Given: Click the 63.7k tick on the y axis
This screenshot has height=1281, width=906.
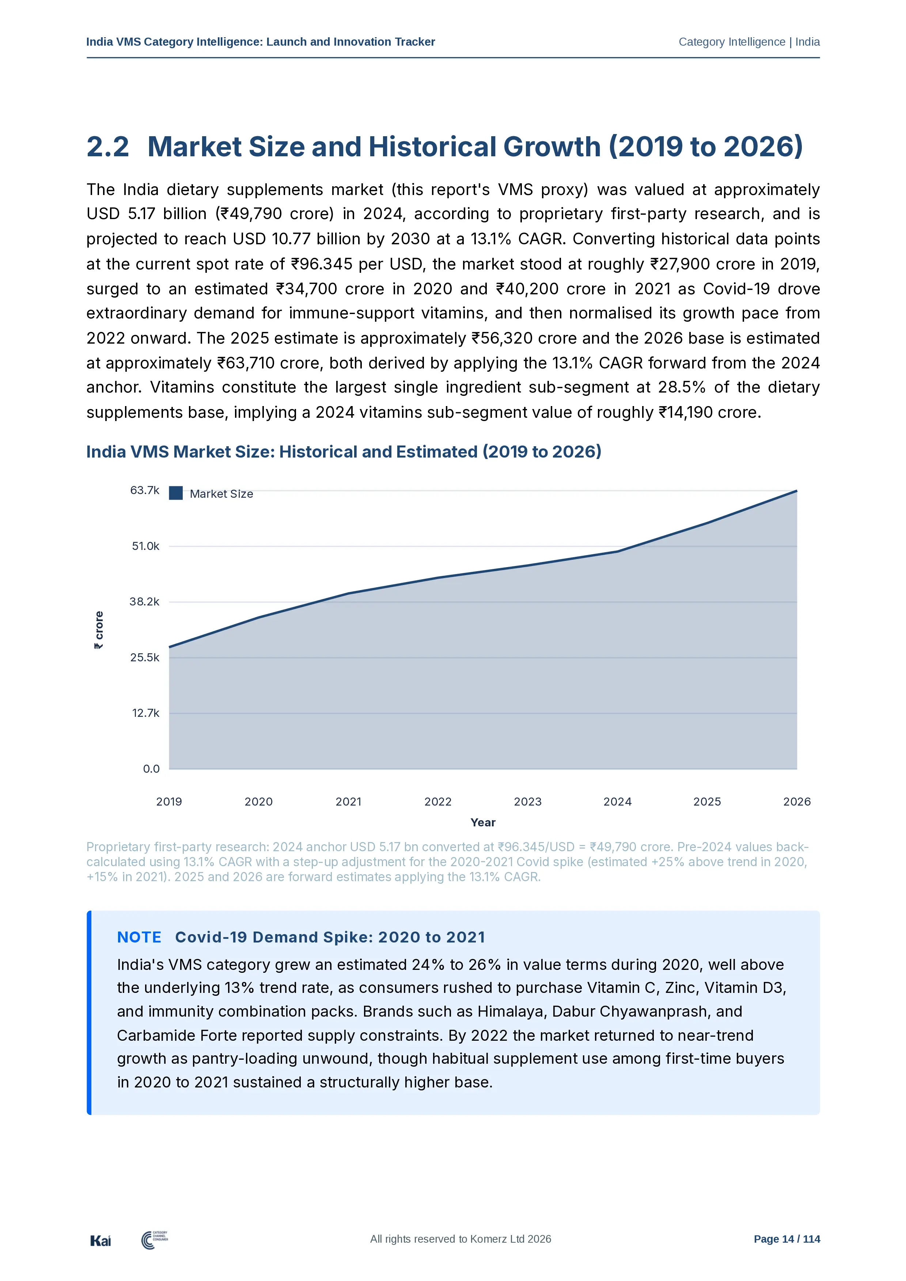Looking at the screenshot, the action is point(145,490).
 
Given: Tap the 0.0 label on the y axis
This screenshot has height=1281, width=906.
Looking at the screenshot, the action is point(151,769).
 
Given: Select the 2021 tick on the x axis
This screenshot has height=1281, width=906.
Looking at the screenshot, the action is point(348,802).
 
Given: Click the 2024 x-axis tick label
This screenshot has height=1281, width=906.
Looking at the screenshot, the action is point(617,802).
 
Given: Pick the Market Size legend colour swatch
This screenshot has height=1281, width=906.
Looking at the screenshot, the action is point(176,493).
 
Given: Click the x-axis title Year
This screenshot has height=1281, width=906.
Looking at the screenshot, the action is point(483,822).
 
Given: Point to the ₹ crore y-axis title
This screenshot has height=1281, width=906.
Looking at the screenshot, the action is point(99,630).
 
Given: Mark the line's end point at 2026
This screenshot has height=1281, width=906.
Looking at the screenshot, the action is point(797,491).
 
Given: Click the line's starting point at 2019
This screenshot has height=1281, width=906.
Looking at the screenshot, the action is point(169,647).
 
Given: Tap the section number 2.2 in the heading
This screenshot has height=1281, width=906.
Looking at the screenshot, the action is point(108,147).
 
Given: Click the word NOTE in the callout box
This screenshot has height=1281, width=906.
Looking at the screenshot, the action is point(139,937).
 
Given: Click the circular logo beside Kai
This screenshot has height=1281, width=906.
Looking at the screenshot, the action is point(148,1240).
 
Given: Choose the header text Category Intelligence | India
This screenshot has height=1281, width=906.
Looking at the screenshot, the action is point(749,42).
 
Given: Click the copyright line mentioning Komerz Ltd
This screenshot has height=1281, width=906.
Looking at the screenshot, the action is point(460,1239).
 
